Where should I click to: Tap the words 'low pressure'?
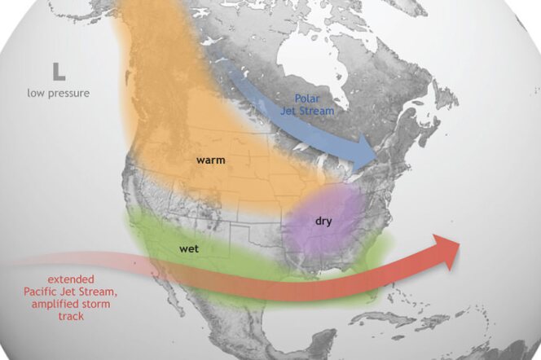click(x=58, y=93)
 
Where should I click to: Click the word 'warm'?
click(x=210, y=160)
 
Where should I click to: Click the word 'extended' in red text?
click(x=57, y=279)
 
